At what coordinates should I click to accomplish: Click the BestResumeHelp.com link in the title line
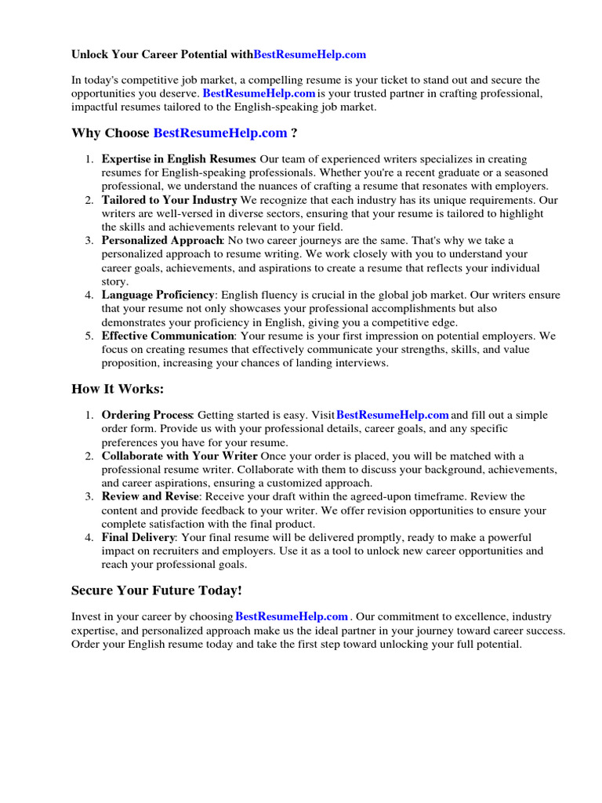[x=310, y=55]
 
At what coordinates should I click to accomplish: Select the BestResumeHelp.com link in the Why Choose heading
[x=219, y=133]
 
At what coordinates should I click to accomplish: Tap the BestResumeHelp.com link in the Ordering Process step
[x=392, y=415]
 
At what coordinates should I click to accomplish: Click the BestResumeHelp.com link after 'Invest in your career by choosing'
[x=291, y=617]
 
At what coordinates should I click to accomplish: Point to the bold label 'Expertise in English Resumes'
[x=179, y=159]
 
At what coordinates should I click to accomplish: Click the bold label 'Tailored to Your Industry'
[x=169, y=200]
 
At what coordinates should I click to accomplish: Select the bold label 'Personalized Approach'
[x=161, y=241]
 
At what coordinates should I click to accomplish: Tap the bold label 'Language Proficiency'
[x=158, y=295]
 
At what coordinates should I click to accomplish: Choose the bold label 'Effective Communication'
[x=168, y=336]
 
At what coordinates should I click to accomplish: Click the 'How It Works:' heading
[x=118, y=389]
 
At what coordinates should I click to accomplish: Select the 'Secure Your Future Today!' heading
[x=157, y=590]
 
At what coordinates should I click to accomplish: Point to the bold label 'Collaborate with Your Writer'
[x=180, y=456]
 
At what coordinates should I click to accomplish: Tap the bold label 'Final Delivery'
[x=138, y=537]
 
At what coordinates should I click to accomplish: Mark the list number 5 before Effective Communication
[x=89, y=336]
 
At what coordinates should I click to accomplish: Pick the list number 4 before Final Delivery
[x=89, y=537]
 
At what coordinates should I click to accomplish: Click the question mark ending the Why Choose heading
[x=294, y=133]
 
